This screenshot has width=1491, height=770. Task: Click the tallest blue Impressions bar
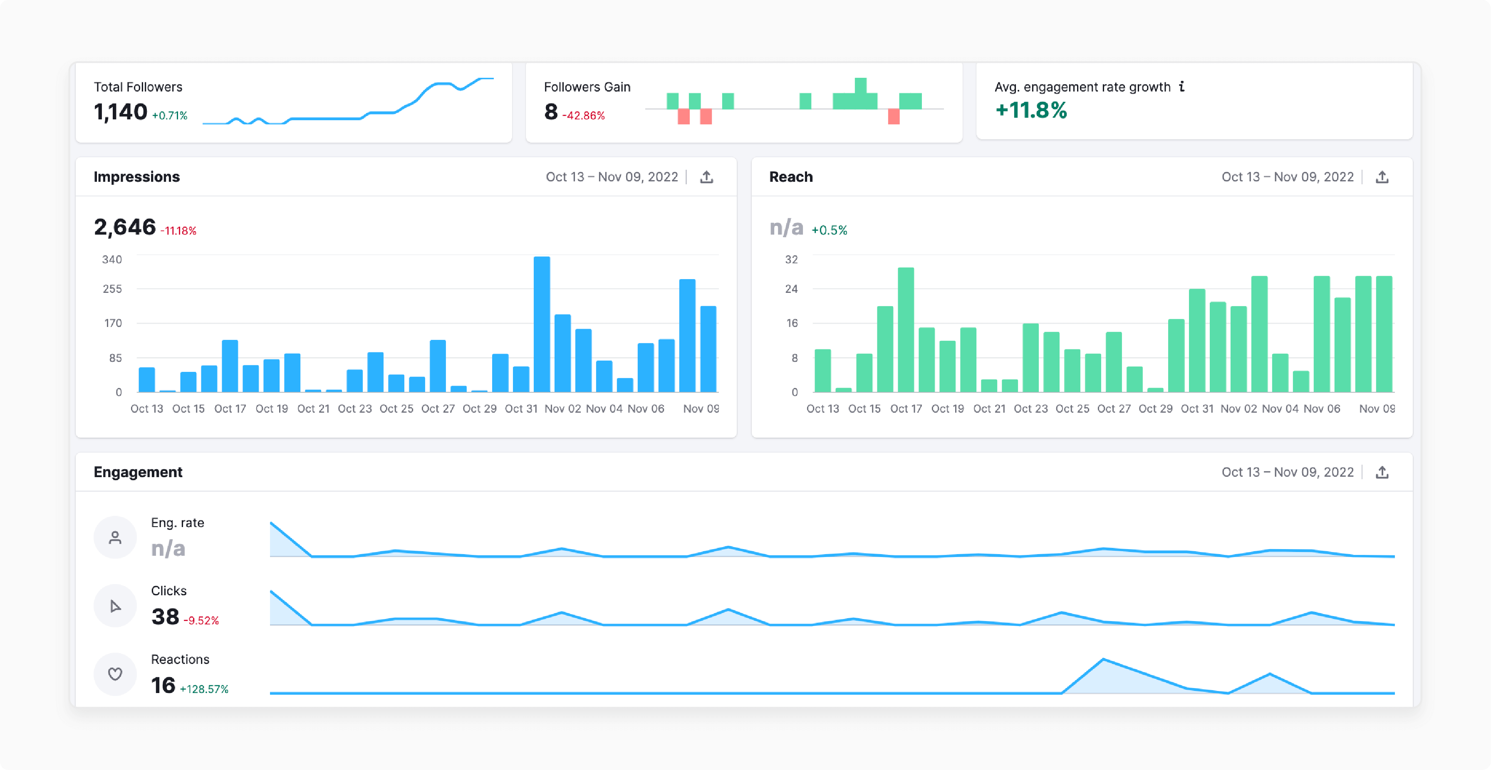(x=542, y=324)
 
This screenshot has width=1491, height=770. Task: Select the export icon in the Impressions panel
(x=706, y=177)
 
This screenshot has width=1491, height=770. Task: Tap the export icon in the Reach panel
(x=1382, y=177)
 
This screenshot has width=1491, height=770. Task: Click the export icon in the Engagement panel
(x=1382, y=473)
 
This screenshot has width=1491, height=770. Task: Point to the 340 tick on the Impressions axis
(x=112, y=259)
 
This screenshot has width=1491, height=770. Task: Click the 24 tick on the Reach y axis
(x=791, y=288)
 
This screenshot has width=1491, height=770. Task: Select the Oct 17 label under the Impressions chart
(x=230, y=409)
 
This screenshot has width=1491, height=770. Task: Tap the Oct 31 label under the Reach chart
(x=1197, y=409)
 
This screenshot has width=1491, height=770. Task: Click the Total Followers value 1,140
(x=120, y=112)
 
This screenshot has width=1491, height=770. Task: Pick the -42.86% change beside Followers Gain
(x=583, y=116)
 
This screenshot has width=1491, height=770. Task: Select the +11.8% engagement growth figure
(x=1031, y=110)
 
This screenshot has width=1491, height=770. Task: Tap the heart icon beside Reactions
(x=115, y=674)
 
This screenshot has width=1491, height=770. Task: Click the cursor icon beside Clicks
(x=115, y=606)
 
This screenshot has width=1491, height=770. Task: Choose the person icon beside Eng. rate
(x=115, y=537)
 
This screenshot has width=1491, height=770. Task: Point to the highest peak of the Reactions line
(x=1104, y=659)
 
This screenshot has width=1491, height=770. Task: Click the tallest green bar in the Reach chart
(x=906, y=330)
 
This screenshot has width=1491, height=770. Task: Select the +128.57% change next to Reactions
(x=204, y=689)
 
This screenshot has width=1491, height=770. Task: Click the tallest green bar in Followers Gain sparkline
(x=861, y=93)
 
